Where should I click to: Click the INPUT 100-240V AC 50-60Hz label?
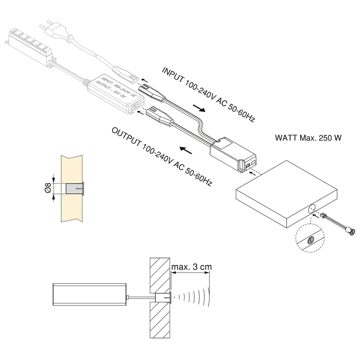click(x=208, y=95)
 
